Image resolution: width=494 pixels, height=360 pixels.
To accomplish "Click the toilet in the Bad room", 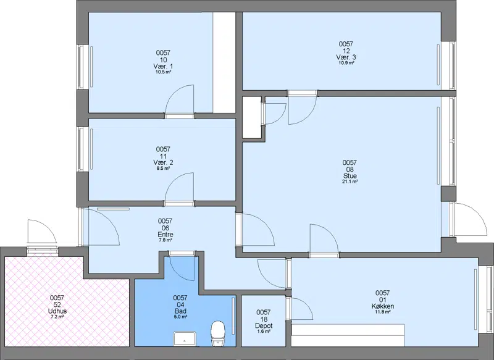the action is pos(218,334).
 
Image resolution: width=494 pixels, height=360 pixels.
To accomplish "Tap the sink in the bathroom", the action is pos(185,339).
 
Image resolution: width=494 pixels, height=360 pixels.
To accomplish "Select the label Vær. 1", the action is pos(163,67).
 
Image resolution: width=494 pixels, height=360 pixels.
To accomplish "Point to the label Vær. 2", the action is pos(163,162).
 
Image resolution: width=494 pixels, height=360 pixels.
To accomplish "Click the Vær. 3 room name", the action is pos(346,57).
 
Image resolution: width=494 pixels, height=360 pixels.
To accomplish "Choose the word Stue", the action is pos(350,176).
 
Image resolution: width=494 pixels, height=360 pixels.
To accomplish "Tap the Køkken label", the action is pos(382,306).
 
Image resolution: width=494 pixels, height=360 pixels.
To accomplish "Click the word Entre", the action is pos(165,235).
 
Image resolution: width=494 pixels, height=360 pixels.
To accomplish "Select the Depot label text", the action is pos(264,326).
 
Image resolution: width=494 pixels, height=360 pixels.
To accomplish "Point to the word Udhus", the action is pos(57,311).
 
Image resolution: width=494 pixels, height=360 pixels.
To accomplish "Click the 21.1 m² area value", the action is pos(350,182).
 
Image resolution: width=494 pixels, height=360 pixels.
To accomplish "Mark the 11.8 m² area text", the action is pos(382,312).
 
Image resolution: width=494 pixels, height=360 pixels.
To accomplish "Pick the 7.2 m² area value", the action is pos(57,317).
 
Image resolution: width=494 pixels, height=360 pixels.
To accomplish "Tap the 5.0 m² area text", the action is pos(180,317).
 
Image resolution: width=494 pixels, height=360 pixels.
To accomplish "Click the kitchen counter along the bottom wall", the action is pos(348,335).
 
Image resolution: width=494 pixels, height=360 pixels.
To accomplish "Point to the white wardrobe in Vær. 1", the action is pos(224,62).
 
